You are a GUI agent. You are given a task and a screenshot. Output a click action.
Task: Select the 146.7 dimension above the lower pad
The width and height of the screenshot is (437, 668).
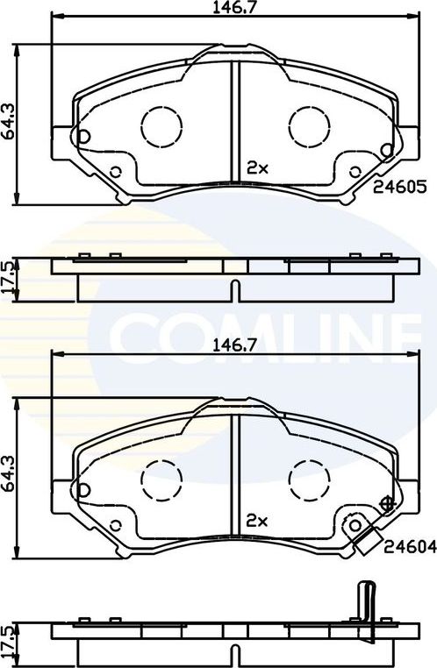click(227, 345)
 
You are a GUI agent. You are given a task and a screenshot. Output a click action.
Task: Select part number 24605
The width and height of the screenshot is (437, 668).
click(399, 187)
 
